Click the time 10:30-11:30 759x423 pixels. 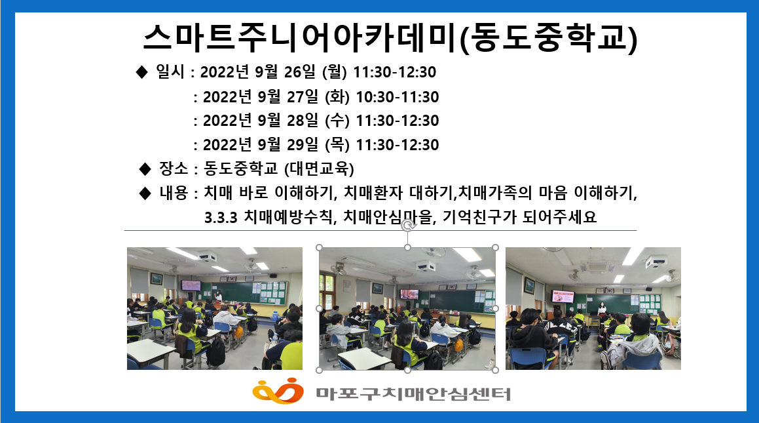[398, 97]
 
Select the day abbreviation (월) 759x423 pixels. [335, 71]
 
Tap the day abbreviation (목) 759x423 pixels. [337, 144]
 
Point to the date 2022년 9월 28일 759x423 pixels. [261, 120]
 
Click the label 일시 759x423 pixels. [170, 71]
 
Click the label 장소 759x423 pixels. [174, 169]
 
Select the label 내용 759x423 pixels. [174, 193]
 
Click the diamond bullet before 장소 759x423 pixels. [145, 169]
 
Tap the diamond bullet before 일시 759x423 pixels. [141, 71]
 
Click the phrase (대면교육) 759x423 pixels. [319, 169]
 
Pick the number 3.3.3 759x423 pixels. [221, 218]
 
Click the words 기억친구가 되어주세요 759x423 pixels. [519, 216]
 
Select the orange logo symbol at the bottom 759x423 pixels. [278, 390]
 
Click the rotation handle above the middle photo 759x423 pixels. [408, 226]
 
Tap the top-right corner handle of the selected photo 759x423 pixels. [495, 248]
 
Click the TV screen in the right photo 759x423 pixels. [563, 296]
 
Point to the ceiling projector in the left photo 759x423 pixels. [207, 256]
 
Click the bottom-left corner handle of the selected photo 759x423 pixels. [319, 370]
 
